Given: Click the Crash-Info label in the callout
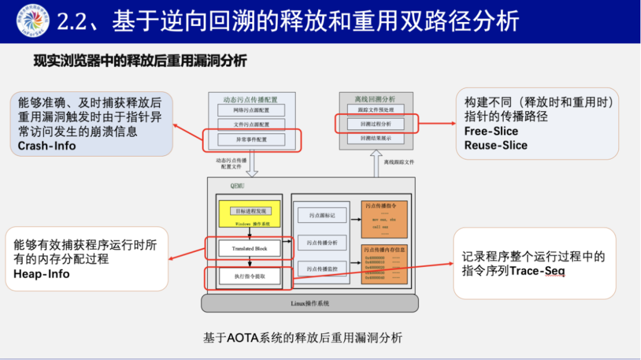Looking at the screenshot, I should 47,145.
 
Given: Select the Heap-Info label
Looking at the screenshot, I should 42,274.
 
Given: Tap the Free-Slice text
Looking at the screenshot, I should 491,131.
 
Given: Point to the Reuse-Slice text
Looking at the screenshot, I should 496,145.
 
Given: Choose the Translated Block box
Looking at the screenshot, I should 249,248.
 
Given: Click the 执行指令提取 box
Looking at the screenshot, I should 249,276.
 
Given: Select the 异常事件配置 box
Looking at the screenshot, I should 252,140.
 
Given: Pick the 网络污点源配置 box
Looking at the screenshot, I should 252,110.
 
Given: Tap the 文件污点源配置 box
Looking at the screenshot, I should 252,125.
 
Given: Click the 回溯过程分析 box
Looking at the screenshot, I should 376,124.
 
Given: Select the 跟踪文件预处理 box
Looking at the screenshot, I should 376,110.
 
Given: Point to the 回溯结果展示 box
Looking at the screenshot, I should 376,138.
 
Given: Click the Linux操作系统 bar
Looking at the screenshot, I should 310,304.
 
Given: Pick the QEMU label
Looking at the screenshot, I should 237,186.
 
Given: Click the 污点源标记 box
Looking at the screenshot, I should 322,215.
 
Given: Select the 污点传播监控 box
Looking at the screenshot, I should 322,269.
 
